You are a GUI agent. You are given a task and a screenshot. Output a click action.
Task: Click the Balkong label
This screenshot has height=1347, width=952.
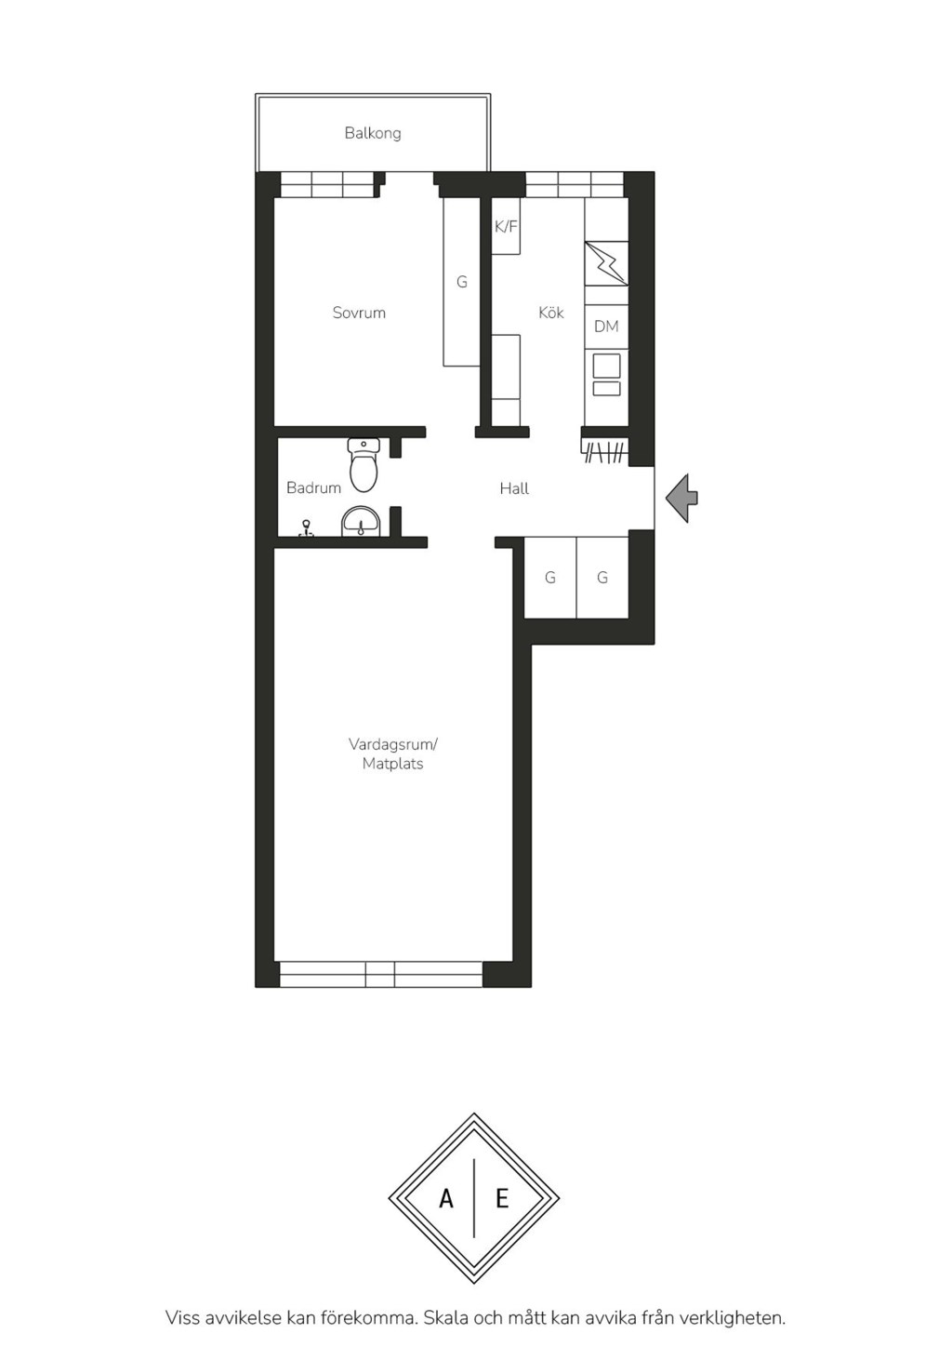click(373, 133)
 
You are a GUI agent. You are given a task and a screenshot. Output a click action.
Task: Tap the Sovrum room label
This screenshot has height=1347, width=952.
click(359, 313)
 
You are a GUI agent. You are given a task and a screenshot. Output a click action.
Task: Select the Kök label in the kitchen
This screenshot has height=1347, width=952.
click(551, 312)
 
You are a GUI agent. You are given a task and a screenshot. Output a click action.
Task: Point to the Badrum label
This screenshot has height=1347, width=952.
click(313, 487)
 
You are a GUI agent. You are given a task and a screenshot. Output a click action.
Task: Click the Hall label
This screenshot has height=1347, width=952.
click(514, 488)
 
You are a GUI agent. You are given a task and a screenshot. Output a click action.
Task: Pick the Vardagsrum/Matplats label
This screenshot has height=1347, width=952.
click(393, 754)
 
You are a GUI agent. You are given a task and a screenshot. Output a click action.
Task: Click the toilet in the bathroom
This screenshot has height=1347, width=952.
click(364, 465)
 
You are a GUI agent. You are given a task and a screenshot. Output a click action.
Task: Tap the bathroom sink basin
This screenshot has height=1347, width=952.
click(361, 521)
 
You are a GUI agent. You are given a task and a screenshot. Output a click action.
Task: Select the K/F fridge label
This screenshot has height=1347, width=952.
click(506, 227)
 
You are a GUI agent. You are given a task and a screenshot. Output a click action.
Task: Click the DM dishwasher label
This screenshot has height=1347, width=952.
click(606, 326)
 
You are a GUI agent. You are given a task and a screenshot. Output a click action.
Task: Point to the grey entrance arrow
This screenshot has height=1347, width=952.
click(681, 498)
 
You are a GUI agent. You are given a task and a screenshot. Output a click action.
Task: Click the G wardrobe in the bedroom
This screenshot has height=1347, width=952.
click(461, 282)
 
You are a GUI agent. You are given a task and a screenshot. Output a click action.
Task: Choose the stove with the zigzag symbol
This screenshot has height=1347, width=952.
click(606, 263)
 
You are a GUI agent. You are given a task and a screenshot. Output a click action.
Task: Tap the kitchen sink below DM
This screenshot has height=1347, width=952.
click(606, 375)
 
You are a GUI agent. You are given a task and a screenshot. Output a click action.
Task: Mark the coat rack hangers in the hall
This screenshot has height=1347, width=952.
click(606, 453)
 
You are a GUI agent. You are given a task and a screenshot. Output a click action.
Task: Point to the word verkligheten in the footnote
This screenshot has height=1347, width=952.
click(734, 1315)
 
